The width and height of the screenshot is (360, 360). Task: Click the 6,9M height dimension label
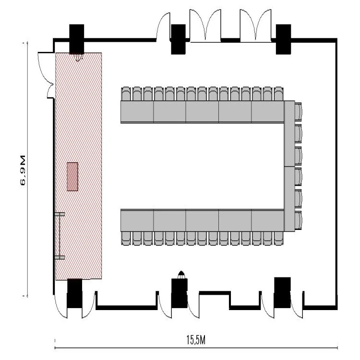pyautogui.click(x=23, y=170)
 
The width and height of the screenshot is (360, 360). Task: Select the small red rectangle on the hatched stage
pyautogui.click(x=72, y=177)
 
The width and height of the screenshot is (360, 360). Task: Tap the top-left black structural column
pyautogui.click(x=77, y=39)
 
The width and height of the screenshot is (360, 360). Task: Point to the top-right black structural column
pyautogui.click(x=283, y=39)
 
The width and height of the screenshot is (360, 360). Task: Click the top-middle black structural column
pyautogui.click(x=179, y=39)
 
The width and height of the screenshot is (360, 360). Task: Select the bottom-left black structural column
pyautogui.click(x=74, y=293)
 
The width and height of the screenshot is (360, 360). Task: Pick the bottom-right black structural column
pyautogui.click(x=282, y=292)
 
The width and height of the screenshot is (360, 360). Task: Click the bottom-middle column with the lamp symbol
pyautogui.click(x=180, y=293)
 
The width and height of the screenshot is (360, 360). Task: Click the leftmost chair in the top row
pyautogui.click(x=126, y=94)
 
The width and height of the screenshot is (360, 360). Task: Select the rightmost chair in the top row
pyautogui.click(x=279, y=94)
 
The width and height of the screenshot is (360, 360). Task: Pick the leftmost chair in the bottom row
pyautogui.click(x=126, y=239)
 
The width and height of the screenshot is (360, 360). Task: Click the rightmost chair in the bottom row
pyautogui.click(x=279, y=239)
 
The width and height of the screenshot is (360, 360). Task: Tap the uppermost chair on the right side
pyautogui.click(x=299, y=111)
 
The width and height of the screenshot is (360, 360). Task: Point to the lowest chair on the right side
pyautogui.click(x=299, y=220)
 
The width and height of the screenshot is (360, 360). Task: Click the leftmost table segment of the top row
pyautogui.click(x=137, y=112)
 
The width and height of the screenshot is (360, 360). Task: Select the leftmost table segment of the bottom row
pyautogui.click(x=137, y=220)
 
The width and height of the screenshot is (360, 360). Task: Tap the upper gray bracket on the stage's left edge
pyautogui.click(x=60, y=214)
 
